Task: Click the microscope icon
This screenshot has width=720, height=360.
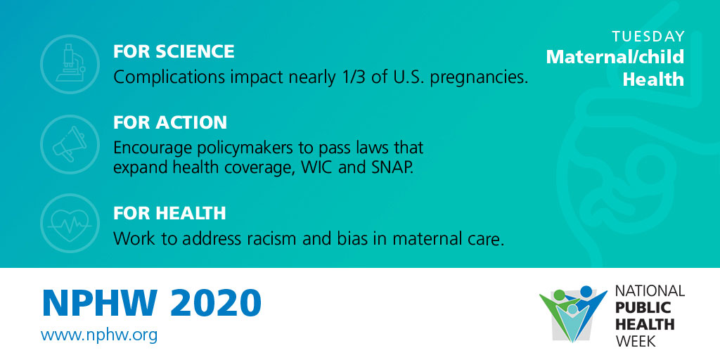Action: click(70, 64)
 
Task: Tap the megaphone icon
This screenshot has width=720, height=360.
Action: click(70, 144)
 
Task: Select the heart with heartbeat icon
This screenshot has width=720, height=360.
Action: click(70, 224)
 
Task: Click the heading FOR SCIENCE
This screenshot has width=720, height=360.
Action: click(174, 51)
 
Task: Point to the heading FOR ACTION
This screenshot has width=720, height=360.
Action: click(170, 122)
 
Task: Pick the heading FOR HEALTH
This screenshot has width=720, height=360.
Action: click(169, 213)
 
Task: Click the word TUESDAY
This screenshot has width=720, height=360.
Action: click(648, 37)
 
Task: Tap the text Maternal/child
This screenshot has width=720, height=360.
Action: click(615, 57)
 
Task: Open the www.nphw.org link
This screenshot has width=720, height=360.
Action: click(98, 335)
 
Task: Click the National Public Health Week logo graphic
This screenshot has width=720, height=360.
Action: click(573, 314)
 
